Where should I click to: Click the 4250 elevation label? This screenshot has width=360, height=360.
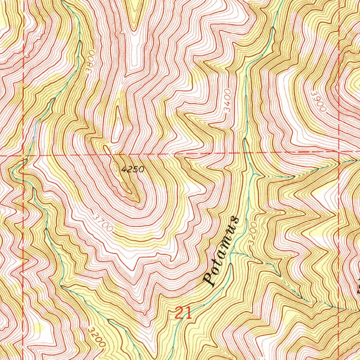click(x=133, y=169)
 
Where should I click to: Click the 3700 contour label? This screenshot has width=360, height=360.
click(x=103, y=223)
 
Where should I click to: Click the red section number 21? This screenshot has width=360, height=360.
click(x=183, y=312)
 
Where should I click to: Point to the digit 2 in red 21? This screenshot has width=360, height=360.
click(x=179, y=312)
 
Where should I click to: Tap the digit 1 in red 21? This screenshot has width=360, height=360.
click(x=188, y=312)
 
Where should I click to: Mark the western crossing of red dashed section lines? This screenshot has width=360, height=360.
click(x=23, y=155)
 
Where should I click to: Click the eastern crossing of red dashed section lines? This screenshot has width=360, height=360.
click(x=340, y=151)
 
